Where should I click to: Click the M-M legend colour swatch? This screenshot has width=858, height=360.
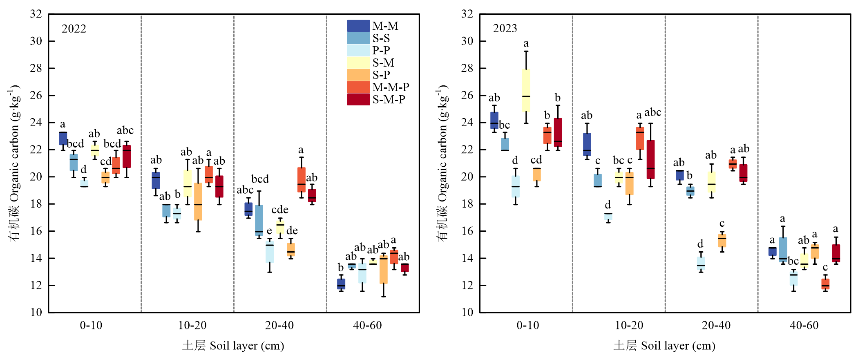tap(358, 26)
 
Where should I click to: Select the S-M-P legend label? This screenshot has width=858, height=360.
tap(389, 100)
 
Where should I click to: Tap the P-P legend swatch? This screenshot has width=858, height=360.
tap(358, 50)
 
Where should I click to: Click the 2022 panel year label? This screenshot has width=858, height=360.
tap(74, 29)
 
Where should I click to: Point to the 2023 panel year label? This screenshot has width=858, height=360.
tap(505, 29)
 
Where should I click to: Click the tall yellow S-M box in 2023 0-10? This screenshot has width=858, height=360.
tap(526, 90)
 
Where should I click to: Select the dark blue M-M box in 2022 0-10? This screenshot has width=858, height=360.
tap(63, 138)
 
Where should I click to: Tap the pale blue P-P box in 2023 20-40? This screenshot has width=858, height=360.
tap(701, 263)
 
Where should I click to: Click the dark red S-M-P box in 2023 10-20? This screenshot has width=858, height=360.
tap(650, 159)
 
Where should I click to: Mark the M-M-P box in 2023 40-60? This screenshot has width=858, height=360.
tap(825, 284)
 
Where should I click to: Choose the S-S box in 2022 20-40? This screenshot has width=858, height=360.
tap(259, 220)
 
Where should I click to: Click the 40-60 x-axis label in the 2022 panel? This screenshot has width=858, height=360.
tap(367, 326)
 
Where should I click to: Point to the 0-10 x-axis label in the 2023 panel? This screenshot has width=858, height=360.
tap(527, 326)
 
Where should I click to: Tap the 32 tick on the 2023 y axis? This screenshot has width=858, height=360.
tap(467, 14)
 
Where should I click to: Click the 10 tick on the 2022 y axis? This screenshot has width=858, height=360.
tap(36, 313)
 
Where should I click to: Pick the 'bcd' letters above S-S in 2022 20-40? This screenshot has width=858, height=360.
tap(260, 179)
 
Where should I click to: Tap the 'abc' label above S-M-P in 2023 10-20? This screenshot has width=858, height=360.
tap(652, 112)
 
